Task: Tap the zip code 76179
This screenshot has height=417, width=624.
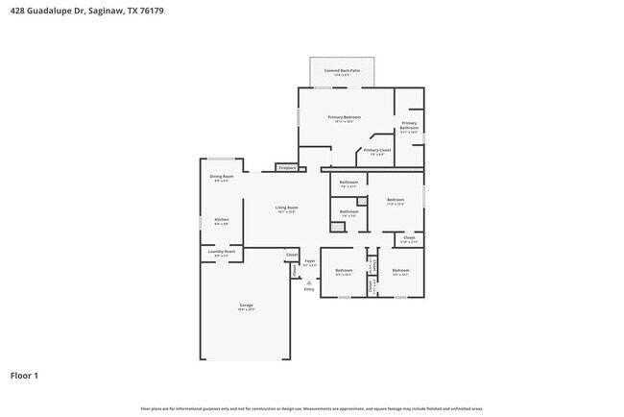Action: click(156, 11)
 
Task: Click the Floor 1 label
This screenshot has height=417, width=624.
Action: click(25, 376)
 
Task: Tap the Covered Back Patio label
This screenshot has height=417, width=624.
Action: click(342, 70)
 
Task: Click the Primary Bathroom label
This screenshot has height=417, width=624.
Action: click(409, 126)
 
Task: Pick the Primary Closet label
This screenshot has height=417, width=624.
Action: click(376, 151)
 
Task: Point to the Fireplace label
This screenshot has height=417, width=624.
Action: click(287, 168)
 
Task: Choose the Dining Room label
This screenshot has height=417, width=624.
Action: click(222, 176)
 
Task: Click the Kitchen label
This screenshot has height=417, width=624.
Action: click(222, 219)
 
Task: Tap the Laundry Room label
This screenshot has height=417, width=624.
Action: click(222, 253)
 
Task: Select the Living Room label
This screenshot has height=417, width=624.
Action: click(286, 208)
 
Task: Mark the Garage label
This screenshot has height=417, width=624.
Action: click(247, 306)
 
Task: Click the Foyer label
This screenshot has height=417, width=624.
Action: click(310, 261)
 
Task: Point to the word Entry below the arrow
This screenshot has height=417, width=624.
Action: click(309, 288)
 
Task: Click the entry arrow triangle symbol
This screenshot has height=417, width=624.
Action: click(309, 282)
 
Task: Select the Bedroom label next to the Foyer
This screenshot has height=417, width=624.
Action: click(344, 271)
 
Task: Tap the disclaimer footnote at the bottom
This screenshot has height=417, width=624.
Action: click(312, 408)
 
